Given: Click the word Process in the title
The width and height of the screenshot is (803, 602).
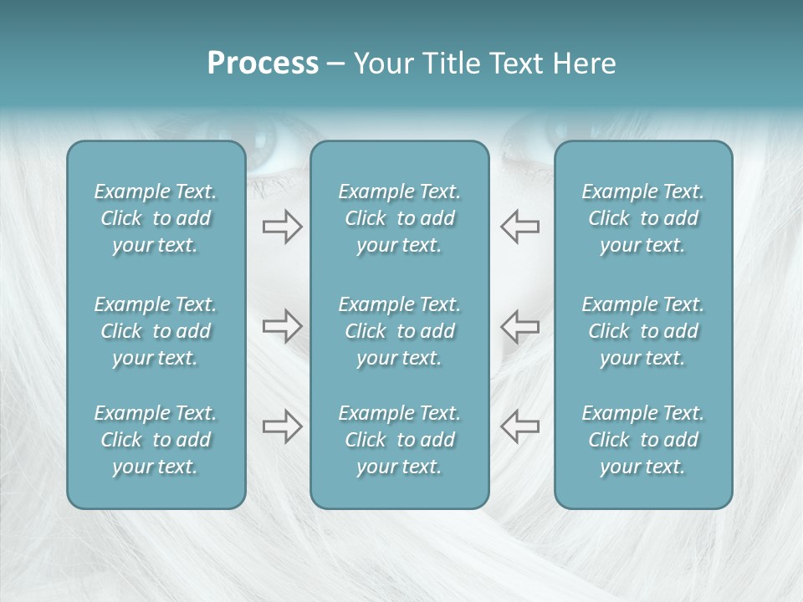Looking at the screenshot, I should [x=263, y=64].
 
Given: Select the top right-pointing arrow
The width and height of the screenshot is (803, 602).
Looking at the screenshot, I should [x=282, y=227].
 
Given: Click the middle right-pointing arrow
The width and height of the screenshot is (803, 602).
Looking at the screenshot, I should [x=282, y=326].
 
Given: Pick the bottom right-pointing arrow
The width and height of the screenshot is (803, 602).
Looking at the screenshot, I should [x=282, y=426].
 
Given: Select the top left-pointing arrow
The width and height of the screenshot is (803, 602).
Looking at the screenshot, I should [x=519, y=227].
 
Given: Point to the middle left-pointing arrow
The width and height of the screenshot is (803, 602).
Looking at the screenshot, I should [x=519, y=326].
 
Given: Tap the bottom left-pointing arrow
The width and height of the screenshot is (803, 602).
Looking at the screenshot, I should [x=519, y=426].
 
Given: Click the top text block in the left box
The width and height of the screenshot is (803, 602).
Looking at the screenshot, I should [x=156, y=218].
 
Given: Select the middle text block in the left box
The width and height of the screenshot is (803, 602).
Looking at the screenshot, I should [x=156, y=331].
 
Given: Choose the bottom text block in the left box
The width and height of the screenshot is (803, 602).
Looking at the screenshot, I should [x=156, y=440].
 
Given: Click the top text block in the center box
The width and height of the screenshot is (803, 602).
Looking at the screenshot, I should [x=399, y=218].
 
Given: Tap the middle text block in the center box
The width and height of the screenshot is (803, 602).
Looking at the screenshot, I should [x=399, y=331].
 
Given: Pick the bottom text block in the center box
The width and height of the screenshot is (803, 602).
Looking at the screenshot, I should [x=399, y=440].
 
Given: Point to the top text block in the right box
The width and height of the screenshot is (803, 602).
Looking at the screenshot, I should [x=642, y=218].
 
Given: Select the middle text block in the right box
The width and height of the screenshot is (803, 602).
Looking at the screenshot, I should [x=642, y=331].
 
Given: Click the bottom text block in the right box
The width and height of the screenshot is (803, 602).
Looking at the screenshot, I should [x=642, y=440].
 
